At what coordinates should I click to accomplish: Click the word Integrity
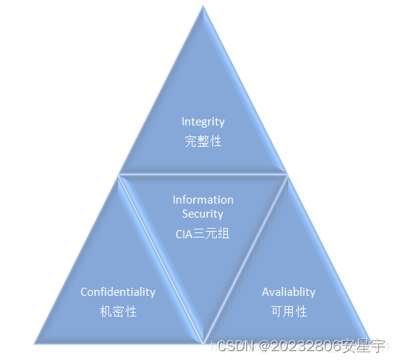203,122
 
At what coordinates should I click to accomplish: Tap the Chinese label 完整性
203,141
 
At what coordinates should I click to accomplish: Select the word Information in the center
203,200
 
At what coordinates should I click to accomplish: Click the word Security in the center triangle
203,214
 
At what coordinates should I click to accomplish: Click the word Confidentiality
118,292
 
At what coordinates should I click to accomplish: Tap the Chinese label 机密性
118,311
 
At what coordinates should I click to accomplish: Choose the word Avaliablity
288,292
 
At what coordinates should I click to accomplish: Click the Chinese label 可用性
288,311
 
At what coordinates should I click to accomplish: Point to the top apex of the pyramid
203,7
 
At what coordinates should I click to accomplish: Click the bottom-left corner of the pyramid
35,343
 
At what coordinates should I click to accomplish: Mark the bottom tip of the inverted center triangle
204,342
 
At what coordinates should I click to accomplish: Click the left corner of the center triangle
119,176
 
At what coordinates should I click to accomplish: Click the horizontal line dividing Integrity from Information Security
203,175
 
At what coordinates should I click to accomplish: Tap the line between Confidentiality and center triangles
161,259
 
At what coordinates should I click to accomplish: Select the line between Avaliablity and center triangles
246,259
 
